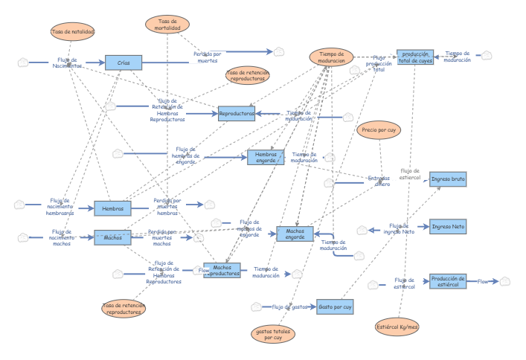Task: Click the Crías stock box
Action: (x=124, y=63)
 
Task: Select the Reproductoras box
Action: (x=237, y=115)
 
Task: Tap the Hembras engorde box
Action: (x=266, y=157)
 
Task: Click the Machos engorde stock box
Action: (x=295, y=234)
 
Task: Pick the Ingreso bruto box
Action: (x=448, y=179)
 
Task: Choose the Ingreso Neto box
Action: (x=448, y=227)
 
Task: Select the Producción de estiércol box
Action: (x=448, y=281)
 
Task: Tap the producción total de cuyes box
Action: (x=414, y=57)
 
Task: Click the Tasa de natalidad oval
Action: (x=72, y=32)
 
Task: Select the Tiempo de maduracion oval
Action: (x=331, y=58)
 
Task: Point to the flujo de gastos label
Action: (x=289, y=306)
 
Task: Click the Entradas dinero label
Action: (x=378, y=181)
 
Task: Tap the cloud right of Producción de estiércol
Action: (x=505, y=281)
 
